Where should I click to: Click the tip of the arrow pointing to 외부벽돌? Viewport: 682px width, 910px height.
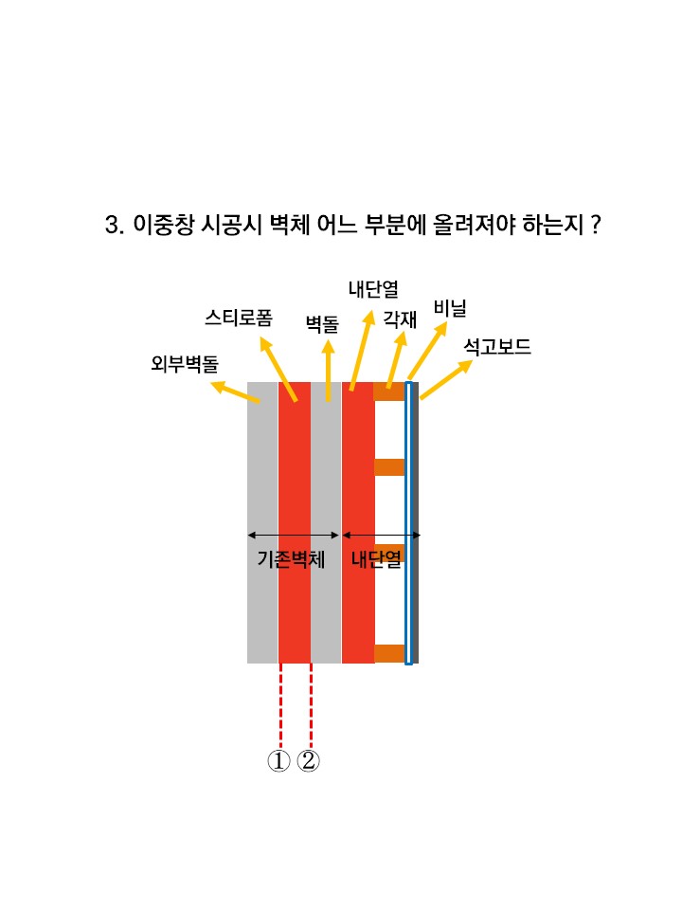(x=210, y=382)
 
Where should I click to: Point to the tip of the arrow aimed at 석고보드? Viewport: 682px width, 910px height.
(x=473, y=361)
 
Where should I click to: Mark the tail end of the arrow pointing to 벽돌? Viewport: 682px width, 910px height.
(x=329, y=401)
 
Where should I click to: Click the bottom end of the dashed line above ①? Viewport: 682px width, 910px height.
(x=280, y=748)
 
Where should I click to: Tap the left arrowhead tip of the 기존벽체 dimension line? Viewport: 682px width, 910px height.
(x=247, y=535)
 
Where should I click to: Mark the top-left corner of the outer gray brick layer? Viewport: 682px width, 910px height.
(x=247, y=382)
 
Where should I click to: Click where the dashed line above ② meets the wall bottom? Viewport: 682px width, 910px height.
(x=312, y=664)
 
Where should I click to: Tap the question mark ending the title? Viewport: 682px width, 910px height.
(x=596, y=225)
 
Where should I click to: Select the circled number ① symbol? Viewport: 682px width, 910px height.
(x=278, y=761)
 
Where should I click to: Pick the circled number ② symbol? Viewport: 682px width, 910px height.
(x=308, y=761)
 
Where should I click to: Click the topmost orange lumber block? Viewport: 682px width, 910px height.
(x=389, y=391)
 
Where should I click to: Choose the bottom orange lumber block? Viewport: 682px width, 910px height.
(x=389, y=653)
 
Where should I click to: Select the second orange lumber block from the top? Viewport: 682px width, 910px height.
(x=389, y=467)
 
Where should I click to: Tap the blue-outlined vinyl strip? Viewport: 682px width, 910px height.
(x=408, y=523)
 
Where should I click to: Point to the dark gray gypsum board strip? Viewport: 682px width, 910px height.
(x=415, y=522)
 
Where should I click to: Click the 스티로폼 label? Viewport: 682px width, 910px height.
(x=239, y=318)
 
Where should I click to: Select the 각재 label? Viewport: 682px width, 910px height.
(x=400, y=319)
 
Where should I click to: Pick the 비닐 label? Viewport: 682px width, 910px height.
(x=450, y=308)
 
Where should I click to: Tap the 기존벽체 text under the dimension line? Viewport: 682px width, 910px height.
(x=291, y=559)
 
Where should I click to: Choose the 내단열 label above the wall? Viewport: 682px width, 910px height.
(x=373, y=289)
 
